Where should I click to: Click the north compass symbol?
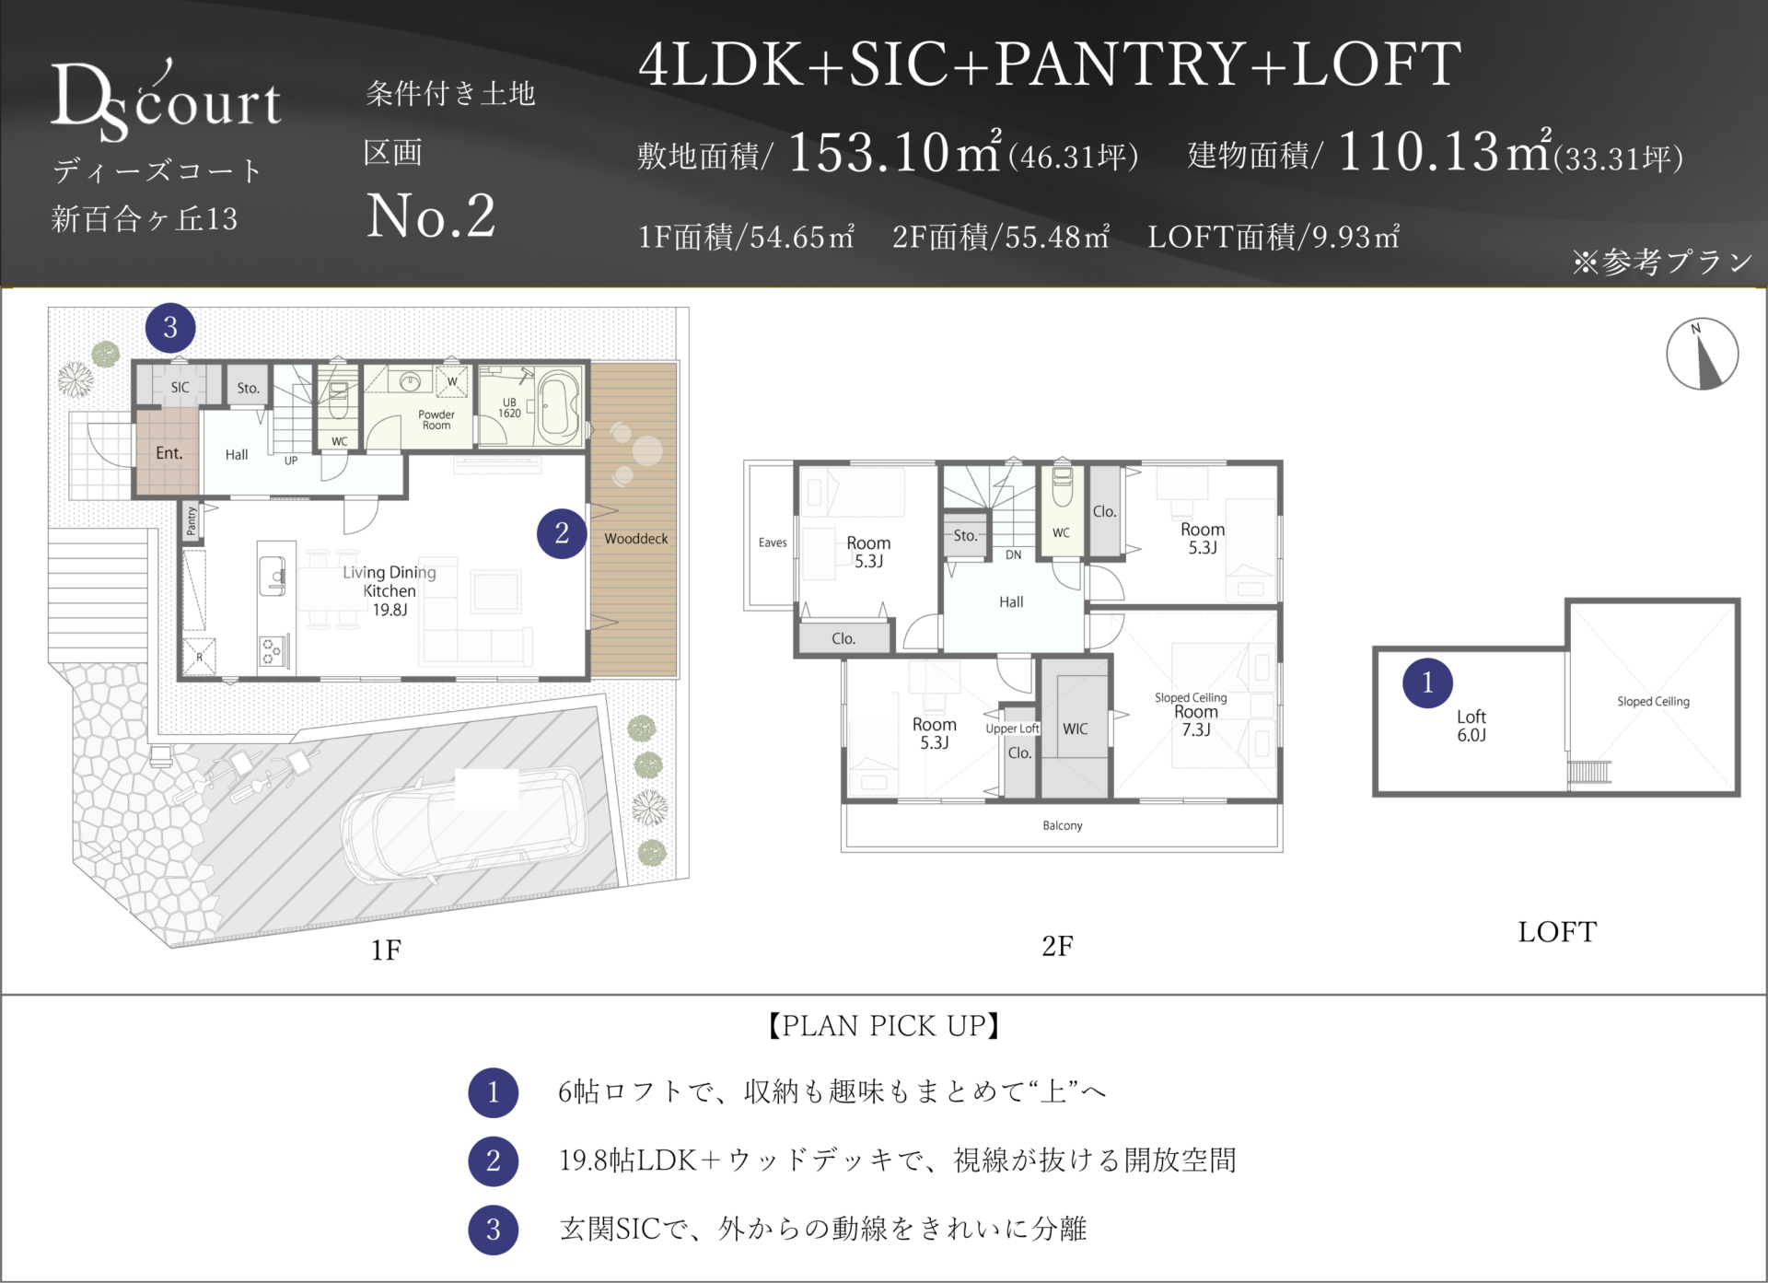click(1702, 355)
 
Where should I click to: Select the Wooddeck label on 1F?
click(636, 539)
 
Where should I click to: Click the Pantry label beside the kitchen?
click(192, 520)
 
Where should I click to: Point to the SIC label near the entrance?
click(180, 388)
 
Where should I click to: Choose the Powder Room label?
click(436, 420)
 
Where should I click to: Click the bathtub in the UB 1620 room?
click(559, 405)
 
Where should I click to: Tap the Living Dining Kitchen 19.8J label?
click(390, 590)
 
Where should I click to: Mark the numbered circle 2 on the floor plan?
click(562, 533)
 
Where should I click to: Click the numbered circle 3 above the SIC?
click(170, 328)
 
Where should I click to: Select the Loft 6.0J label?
click(1471, 726)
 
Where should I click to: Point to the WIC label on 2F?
click(1076, 729)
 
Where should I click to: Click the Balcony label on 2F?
click(1063, 825)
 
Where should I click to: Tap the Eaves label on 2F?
click(773, 542)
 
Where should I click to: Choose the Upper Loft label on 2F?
click(1012, 729)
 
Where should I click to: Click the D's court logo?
click(166, 101)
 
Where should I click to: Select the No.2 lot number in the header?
click(431, 216)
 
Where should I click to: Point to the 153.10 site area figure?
click(868, 151)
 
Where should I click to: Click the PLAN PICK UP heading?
click(884, 1026)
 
